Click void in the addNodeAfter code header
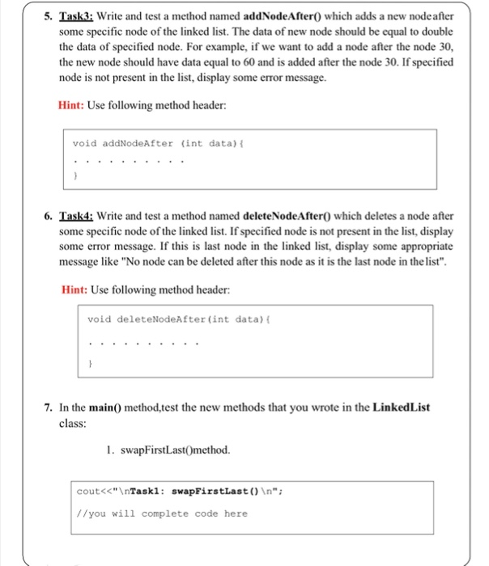[x=85, y=143]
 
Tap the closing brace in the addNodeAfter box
[x=74, y=174]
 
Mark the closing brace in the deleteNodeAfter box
[x=90, y=365]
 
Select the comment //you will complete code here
[x=162, y=513]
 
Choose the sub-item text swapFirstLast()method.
[x=171, y=450]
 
